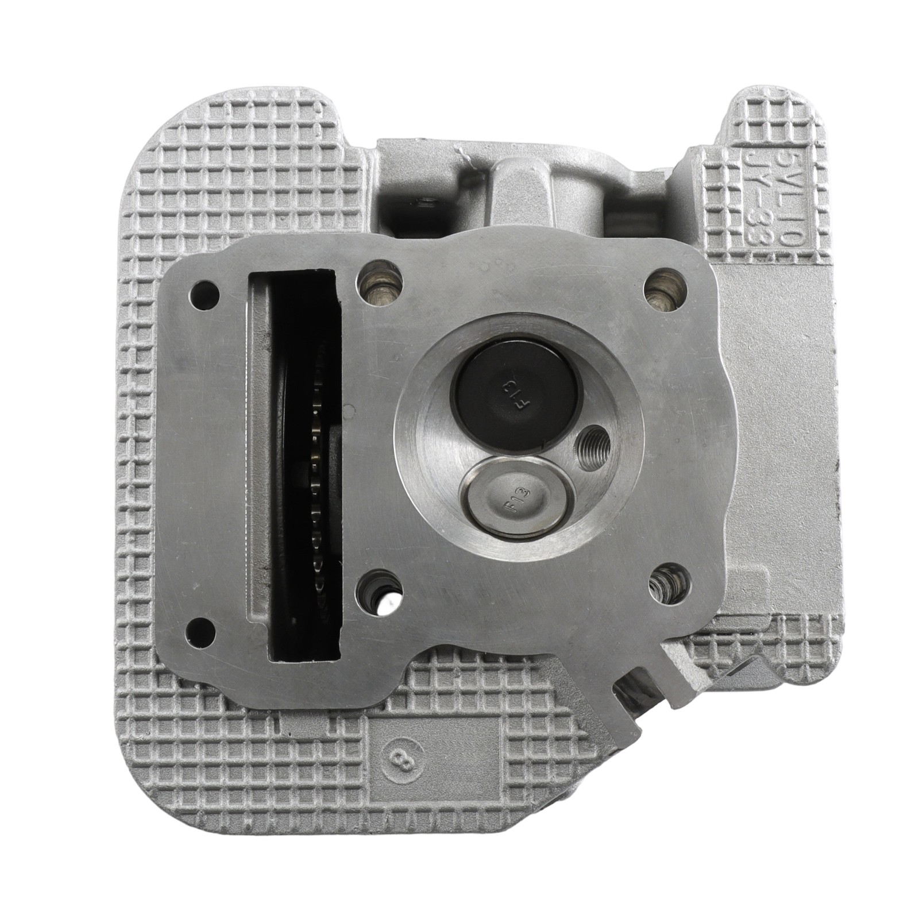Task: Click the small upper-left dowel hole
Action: [x=206, y=292]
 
